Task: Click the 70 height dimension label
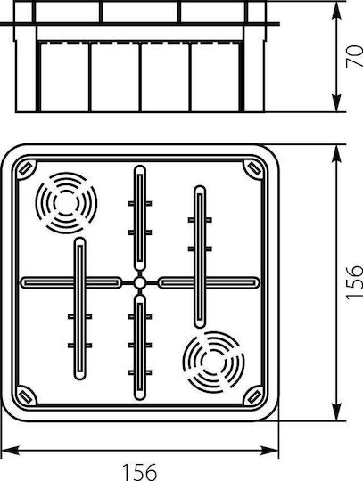354,56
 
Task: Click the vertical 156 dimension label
354,282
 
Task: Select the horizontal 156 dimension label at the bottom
140,472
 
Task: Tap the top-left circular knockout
66,203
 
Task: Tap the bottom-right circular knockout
214,362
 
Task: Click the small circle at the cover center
140,282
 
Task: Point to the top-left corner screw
26,168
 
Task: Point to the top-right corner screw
254,168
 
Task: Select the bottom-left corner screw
26,396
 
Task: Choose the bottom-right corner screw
254,396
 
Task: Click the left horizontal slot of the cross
71,282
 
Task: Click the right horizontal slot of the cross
209,282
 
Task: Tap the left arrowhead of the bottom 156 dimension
10,451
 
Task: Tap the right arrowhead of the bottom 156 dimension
270,451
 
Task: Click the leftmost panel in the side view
65,77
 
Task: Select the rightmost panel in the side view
215,77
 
